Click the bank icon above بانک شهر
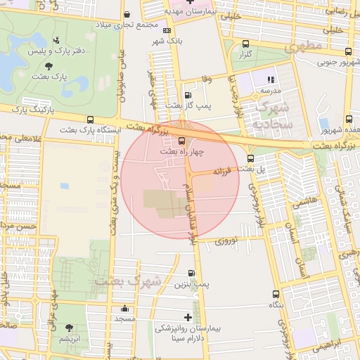(167, 31)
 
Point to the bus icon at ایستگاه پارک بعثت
(90, 120)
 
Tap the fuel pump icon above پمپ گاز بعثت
(187, 95)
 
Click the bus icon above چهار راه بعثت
(183, 141)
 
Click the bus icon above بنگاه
(274, 295)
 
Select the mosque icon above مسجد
(125, 308)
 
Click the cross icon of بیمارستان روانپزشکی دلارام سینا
(187, 317)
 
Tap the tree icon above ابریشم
(69, 328)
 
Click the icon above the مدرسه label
(271, 79)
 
